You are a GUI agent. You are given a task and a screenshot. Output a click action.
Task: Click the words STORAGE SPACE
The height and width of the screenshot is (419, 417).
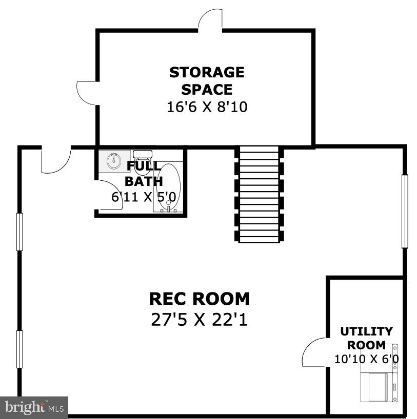[207, 80]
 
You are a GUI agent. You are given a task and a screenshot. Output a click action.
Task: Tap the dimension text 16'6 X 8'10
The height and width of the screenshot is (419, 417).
[207, 107]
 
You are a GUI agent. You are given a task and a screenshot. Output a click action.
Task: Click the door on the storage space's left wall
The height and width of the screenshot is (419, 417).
[86, 92]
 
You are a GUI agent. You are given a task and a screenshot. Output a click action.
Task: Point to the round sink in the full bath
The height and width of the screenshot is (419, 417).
[114, 161]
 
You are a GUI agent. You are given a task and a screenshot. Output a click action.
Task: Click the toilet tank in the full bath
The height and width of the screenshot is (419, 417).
[143, 153]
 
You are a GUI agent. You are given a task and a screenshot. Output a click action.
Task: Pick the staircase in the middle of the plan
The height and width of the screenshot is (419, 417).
[259, 195]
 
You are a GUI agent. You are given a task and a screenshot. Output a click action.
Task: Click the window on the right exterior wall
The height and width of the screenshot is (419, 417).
[404, 211]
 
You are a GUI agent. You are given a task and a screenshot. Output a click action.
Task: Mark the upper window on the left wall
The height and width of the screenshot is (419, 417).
[20, 232]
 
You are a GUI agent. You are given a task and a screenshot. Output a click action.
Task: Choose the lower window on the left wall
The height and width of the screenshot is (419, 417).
[20, 349]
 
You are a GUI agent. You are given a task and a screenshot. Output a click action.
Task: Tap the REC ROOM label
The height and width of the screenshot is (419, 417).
[200, 298]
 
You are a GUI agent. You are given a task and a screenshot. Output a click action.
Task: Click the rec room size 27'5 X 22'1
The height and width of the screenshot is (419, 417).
[200, 320]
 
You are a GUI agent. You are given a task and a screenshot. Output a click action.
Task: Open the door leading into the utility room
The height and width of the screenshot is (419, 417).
[314, 352]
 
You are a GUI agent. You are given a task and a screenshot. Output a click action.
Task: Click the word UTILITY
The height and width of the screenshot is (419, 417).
[366, 331]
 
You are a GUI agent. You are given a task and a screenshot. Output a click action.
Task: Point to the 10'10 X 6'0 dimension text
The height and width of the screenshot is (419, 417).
[366, 359]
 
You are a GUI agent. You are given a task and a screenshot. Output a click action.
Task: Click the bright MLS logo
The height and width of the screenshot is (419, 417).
[34, 407]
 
